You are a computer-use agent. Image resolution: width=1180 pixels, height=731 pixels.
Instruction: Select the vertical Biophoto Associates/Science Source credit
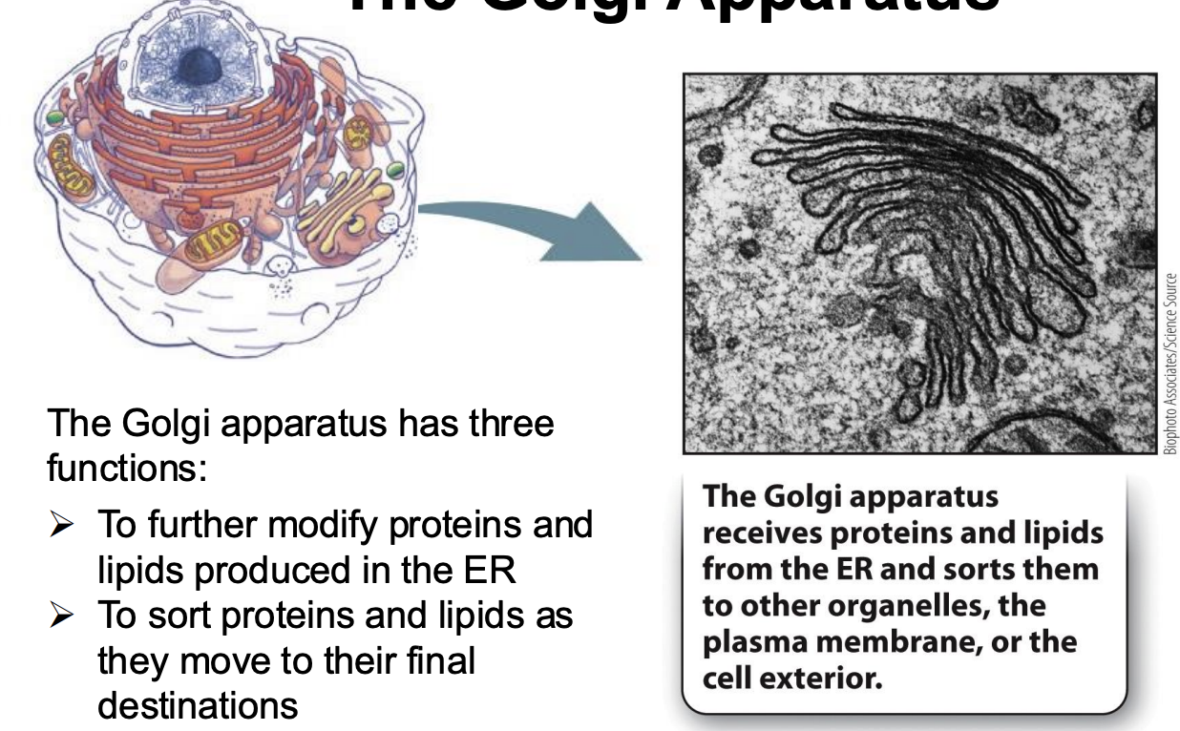pos(1170,364)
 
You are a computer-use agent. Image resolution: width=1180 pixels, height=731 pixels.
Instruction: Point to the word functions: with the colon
pos(126,468)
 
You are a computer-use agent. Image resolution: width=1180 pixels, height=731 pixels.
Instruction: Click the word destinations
pos(198,706)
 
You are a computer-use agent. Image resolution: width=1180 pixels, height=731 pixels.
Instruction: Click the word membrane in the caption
pos(904,641)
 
